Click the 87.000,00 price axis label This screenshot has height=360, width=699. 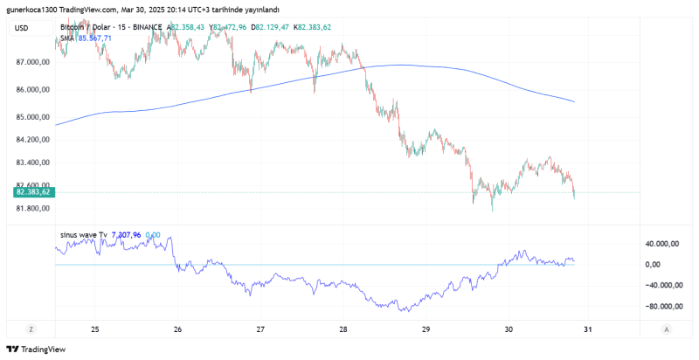(x=32, y=63)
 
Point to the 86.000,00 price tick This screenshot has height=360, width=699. (x=32, y=90)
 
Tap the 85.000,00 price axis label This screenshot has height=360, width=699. (x=32, y=117)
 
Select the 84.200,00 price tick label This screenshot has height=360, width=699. (x=32, y=140)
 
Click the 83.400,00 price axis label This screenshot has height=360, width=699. (x=32, y=163)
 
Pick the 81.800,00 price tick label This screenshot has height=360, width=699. (x=32, y=208)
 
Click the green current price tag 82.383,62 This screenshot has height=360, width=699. (x=31, y=191)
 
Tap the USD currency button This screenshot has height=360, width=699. (x=22, y=28)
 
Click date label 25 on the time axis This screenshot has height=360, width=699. (x=94, y=329)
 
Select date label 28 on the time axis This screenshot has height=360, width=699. (x=343, y=329)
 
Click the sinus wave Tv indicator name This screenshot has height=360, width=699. (x=83, y=234)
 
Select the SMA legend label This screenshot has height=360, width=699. (x=67, y=38)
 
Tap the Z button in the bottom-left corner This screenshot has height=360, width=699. (x=31, y=329)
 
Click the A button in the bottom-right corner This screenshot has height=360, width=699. (x=668, y=329)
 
